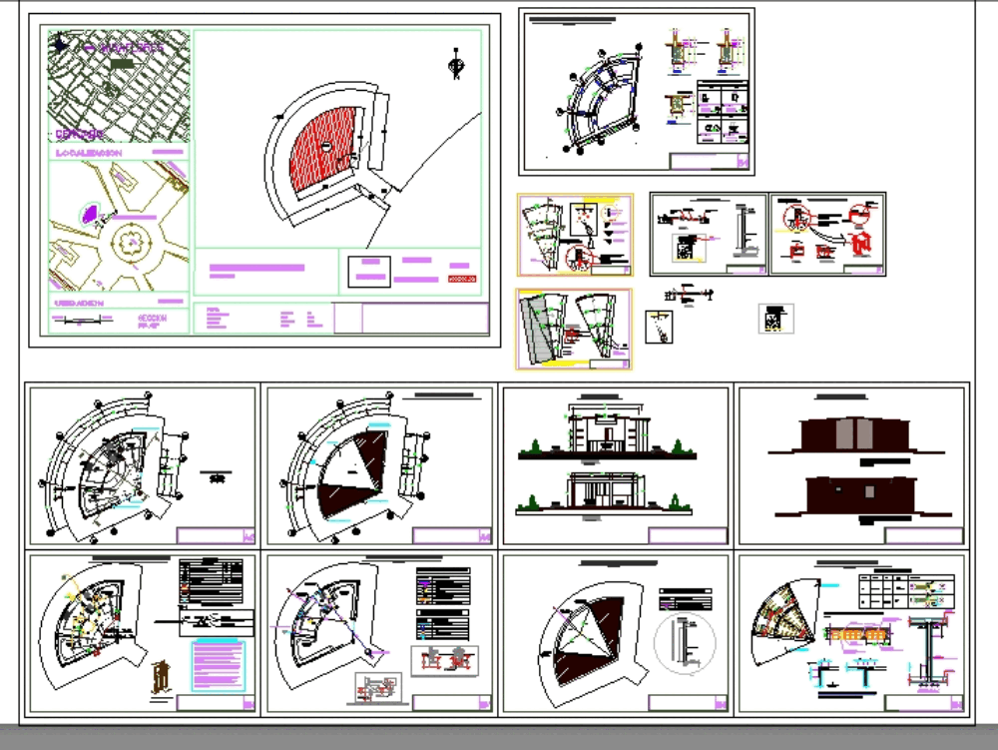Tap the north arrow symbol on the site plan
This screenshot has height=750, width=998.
tap(457, 65)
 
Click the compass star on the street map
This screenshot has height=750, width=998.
tap(63, 43)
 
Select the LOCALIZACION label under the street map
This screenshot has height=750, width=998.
tap(89, 153)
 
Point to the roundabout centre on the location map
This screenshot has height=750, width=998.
tap(128, 241)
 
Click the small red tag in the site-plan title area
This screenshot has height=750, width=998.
tap(461, 278)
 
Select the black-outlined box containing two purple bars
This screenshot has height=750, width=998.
tap(368, 271)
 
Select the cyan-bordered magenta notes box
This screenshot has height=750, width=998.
tap(218, 665)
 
